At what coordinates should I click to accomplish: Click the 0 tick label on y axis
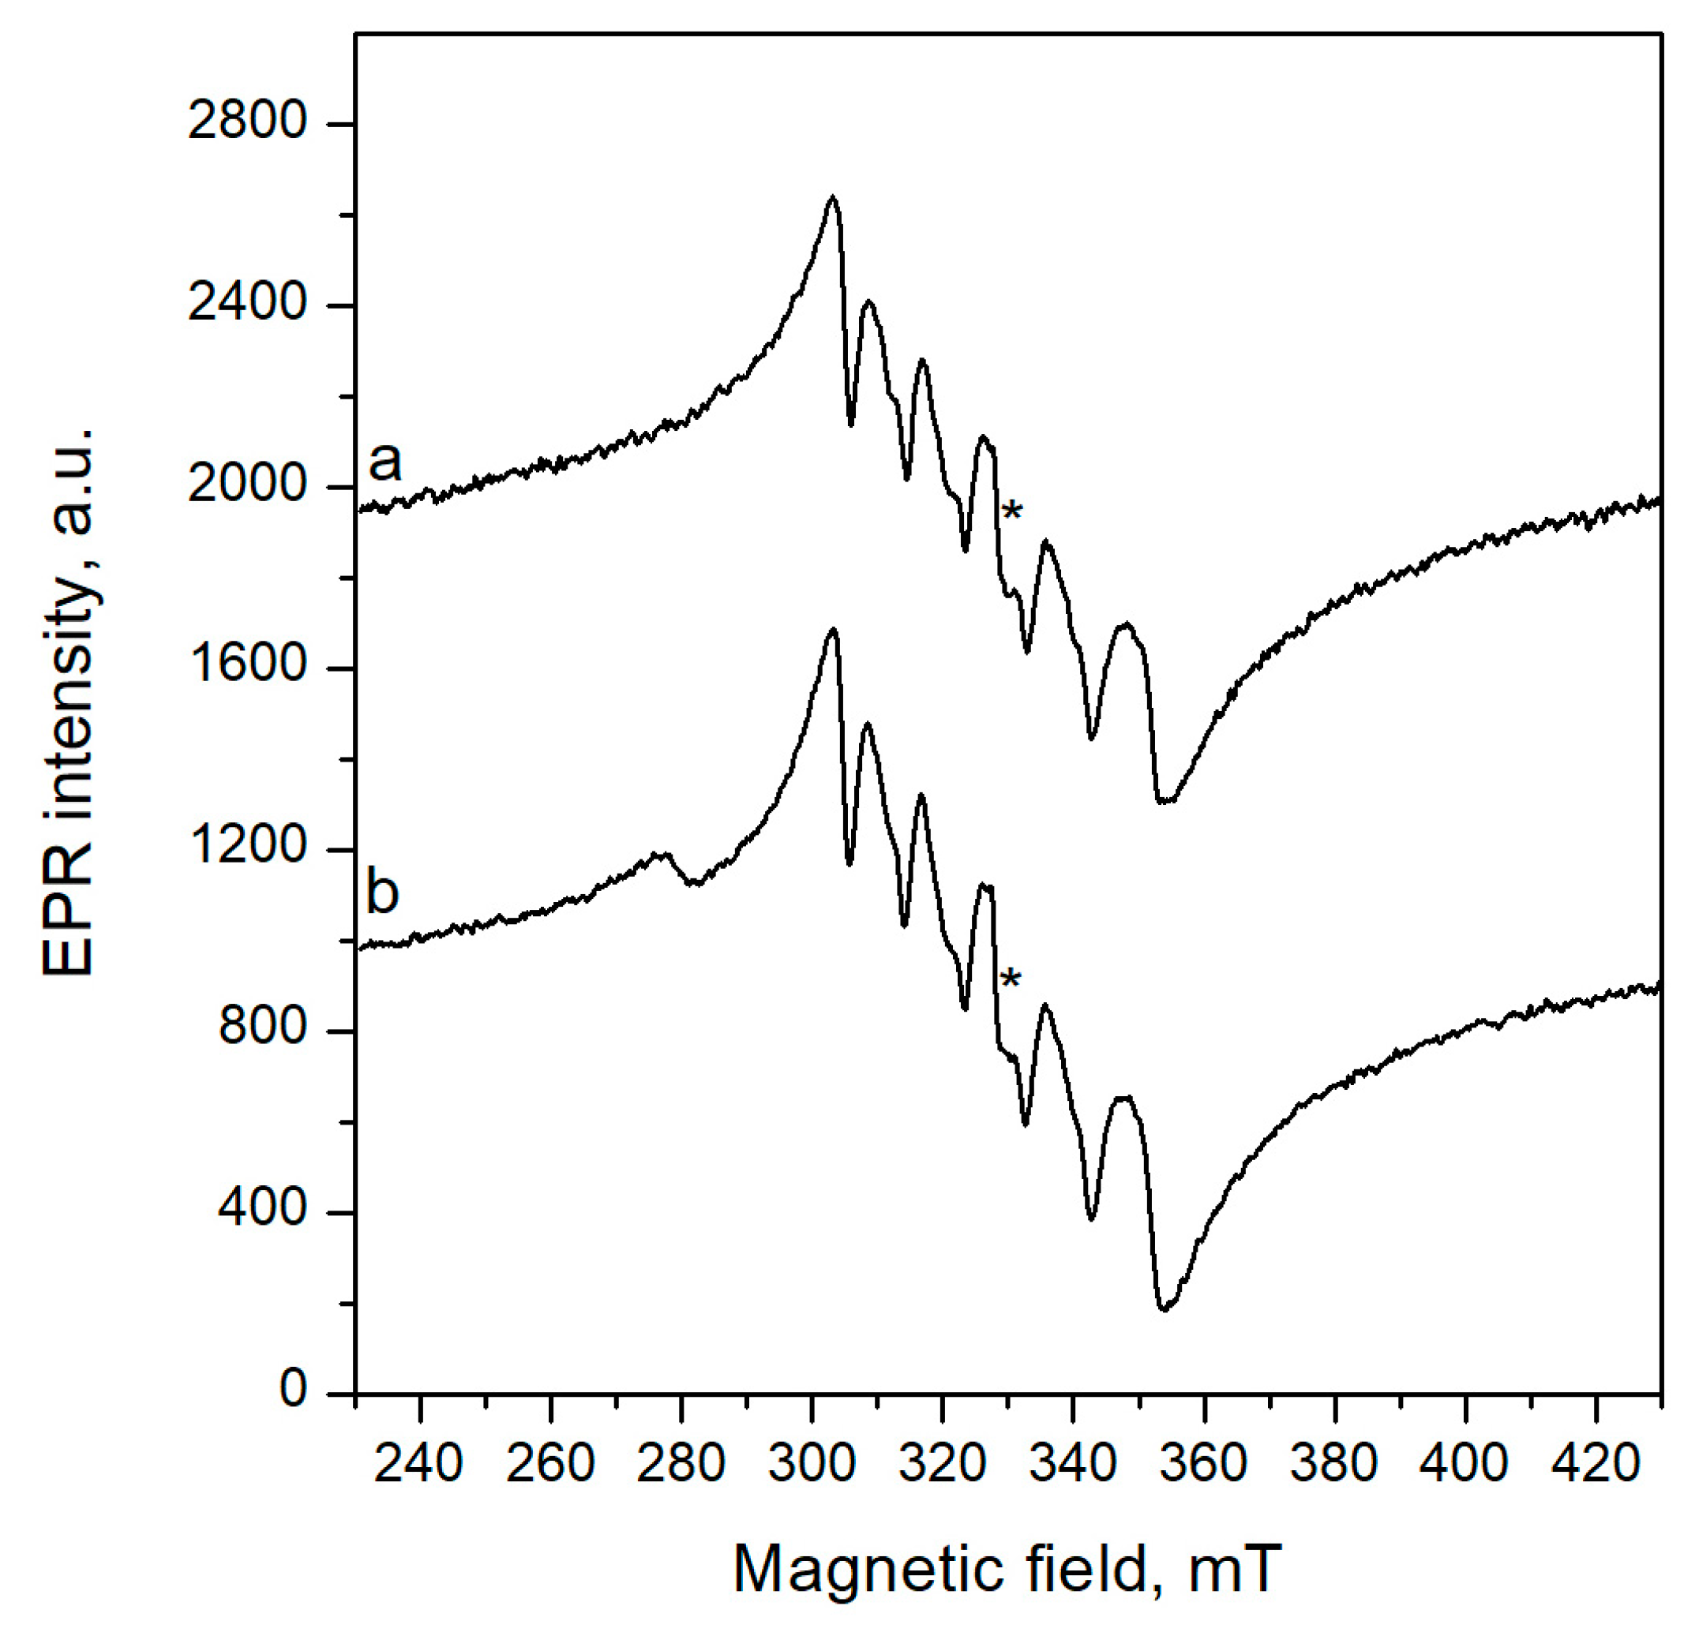click(x=293, y=1391)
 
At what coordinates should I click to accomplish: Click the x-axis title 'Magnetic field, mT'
click(x=1007, y=1569)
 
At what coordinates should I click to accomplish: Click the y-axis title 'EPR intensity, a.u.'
click(x=69, y=702)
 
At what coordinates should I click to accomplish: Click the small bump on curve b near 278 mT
click(x=664, y=855)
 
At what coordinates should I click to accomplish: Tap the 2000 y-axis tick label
click(x=248, y=485)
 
